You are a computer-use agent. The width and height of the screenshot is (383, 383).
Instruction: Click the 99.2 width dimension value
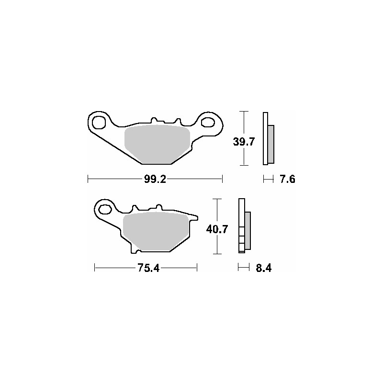click(x=155, y=180)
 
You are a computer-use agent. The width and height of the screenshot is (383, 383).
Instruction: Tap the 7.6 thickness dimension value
click(x=287, y=180)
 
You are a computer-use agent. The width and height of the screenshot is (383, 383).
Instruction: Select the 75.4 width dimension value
click(x=148, y=268)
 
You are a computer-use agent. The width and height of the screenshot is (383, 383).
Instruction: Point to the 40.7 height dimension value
click(x=216, y=229)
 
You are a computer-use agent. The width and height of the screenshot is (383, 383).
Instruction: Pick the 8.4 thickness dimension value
click(x=263, y=268)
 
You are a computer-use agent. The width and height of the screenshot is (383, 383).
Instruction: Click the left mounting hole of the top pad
click(x=100, y=123)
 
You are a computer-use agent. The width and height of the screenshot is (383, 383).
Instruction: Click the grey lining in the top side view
click(x=270, y=143)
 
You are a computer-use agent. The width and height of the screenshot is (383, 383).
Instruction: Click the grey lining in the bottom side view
click(x=247, y=230)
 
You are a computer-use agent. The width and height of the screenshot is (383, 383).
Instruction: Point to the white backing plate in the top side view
click(x=265, y=139)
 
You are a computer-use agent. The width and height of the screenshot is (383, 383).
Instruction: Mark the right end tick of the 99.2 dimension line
click(x=223, y=180)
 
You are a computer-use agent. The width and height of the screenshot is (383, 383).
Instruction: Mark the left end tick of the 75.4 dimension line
click(x=95, y=268)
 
